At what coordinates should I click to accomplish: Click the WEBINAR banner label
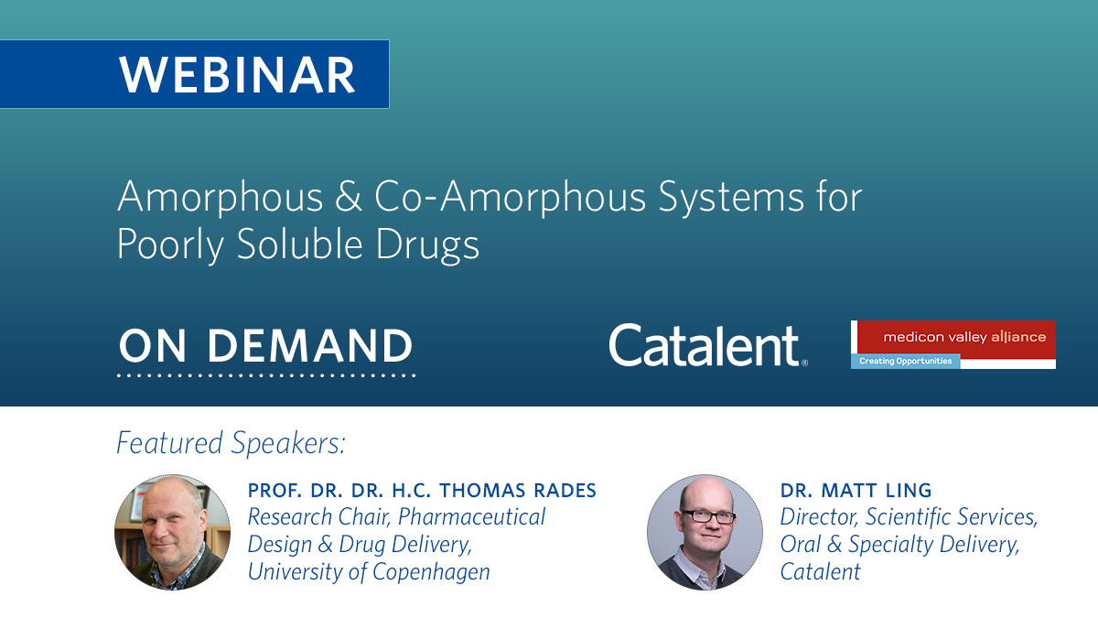[x=237, y=75]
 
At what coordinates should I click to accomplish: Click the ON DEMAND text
[x=265, y=345]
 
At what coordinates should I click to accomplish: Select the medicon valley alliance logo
[x=953, y=337]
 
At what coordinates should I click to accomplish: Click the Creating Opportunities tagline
[x=905, y=361]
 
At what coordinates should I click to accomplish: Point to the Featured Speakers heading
[x=231, y=443]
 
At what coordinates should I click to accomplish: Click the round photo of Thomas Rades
[x=173, y=531]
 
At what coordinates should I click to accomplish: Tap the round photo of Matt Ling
[x=705, y=531]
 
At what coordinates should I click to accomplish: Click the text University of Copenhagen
[x=369, y=572]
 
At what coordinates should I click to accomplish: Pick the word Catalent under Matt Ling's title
[x=820, y=572]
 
